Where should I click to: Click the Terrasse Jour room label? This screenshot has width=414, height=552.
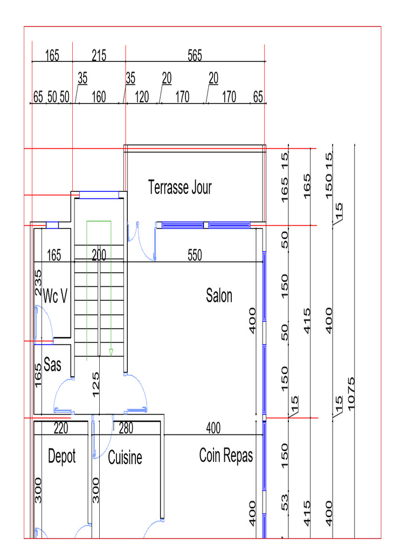click(x=180, y=188)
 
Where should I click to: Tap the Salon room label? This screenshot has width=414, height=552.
click(x=219, y=295)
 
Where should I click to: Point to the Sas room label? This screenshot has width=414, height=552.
click(x=52, y=365)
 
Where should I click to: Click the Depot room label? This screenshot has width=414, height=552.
click(x=62, y=456)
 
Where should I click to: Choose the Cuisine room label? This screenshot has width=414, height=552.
click(x=125, y=458)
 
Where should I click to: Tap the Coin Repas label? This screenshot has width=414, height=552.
click(x=226, y=456)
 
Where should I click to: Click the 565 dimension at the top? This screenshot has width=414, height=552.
click(x=195, y=56)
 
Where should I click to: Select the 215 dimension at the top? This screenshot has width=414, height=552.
click(x=99, y=56)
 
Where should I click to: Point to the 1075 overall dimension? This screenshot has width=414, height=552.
click(x=353, y=393)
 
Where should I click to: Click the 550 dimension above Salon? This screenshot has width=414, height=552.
click(x=195, y=256)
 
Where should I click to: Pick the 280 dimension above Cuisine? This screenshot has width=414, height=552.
click(x=126, y=429)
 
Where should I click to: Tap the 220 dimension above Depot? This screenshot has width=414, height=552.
click(x=61, y=429)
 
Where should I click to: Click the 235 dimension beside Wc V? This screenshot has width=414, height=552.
click(x=38, y=282)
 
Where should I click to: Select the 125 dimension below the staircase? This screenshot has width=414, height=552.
click(x=96, y=384)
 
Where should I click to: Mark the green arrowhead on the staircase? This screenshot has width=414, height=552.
click(x=111, y=353)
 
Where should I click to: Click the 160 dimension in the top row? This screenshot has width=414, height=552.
click(x=99, y=98)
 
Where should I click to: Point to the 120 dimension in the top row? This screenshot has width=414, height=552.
click(x=142, y=98)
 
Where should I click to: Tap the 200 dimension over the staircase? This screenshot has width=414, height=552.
click(x=99, y=256)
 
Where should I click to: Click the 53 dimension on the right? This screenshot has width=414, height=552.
click(x=285, y=502)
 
